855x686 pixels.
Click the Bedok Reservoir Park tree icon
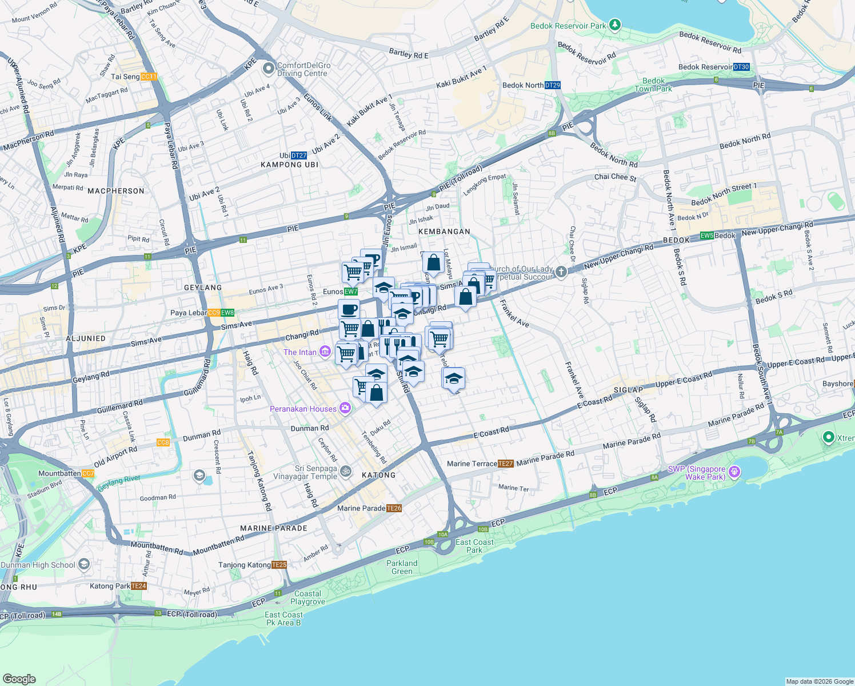[614, 25]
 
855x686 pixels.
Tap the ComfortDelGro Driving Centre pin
[268, 69]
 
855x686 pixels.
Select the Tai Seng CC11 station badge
[149, 77]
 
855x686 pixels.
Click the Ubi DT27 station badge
[299, 155]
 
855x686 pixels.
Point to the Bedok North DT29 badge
[553, 85]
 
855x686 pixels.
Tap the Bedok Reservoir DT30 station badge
[741, 67]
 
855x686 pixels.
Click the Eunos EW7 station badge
[351, 292]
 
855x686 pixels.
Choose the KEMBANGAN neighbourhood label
[444, 232]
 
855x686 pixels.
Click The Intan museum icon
[325, 351]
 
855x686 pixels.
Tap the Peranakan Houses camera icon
[345, 408]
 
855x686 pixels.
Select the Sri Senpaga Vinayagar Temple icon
[346, 471]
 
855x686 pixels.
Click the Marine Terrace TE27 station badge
[506, 464]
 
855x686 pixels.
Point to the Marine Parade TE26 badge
[394, 508]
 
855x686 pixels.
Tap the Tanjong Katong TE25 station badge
[279, 565]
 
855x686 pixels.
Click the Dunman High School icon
[84, 565]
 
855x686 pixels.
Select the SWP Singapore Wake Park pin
[735, 472]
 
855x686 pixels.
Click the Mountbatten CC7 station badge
[88, 473]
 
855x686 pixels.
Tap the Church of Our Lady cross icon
[561, 272]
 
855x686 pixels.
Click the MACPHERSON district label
[116, 191]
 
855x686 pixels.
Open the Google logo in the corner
[19, 679]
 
